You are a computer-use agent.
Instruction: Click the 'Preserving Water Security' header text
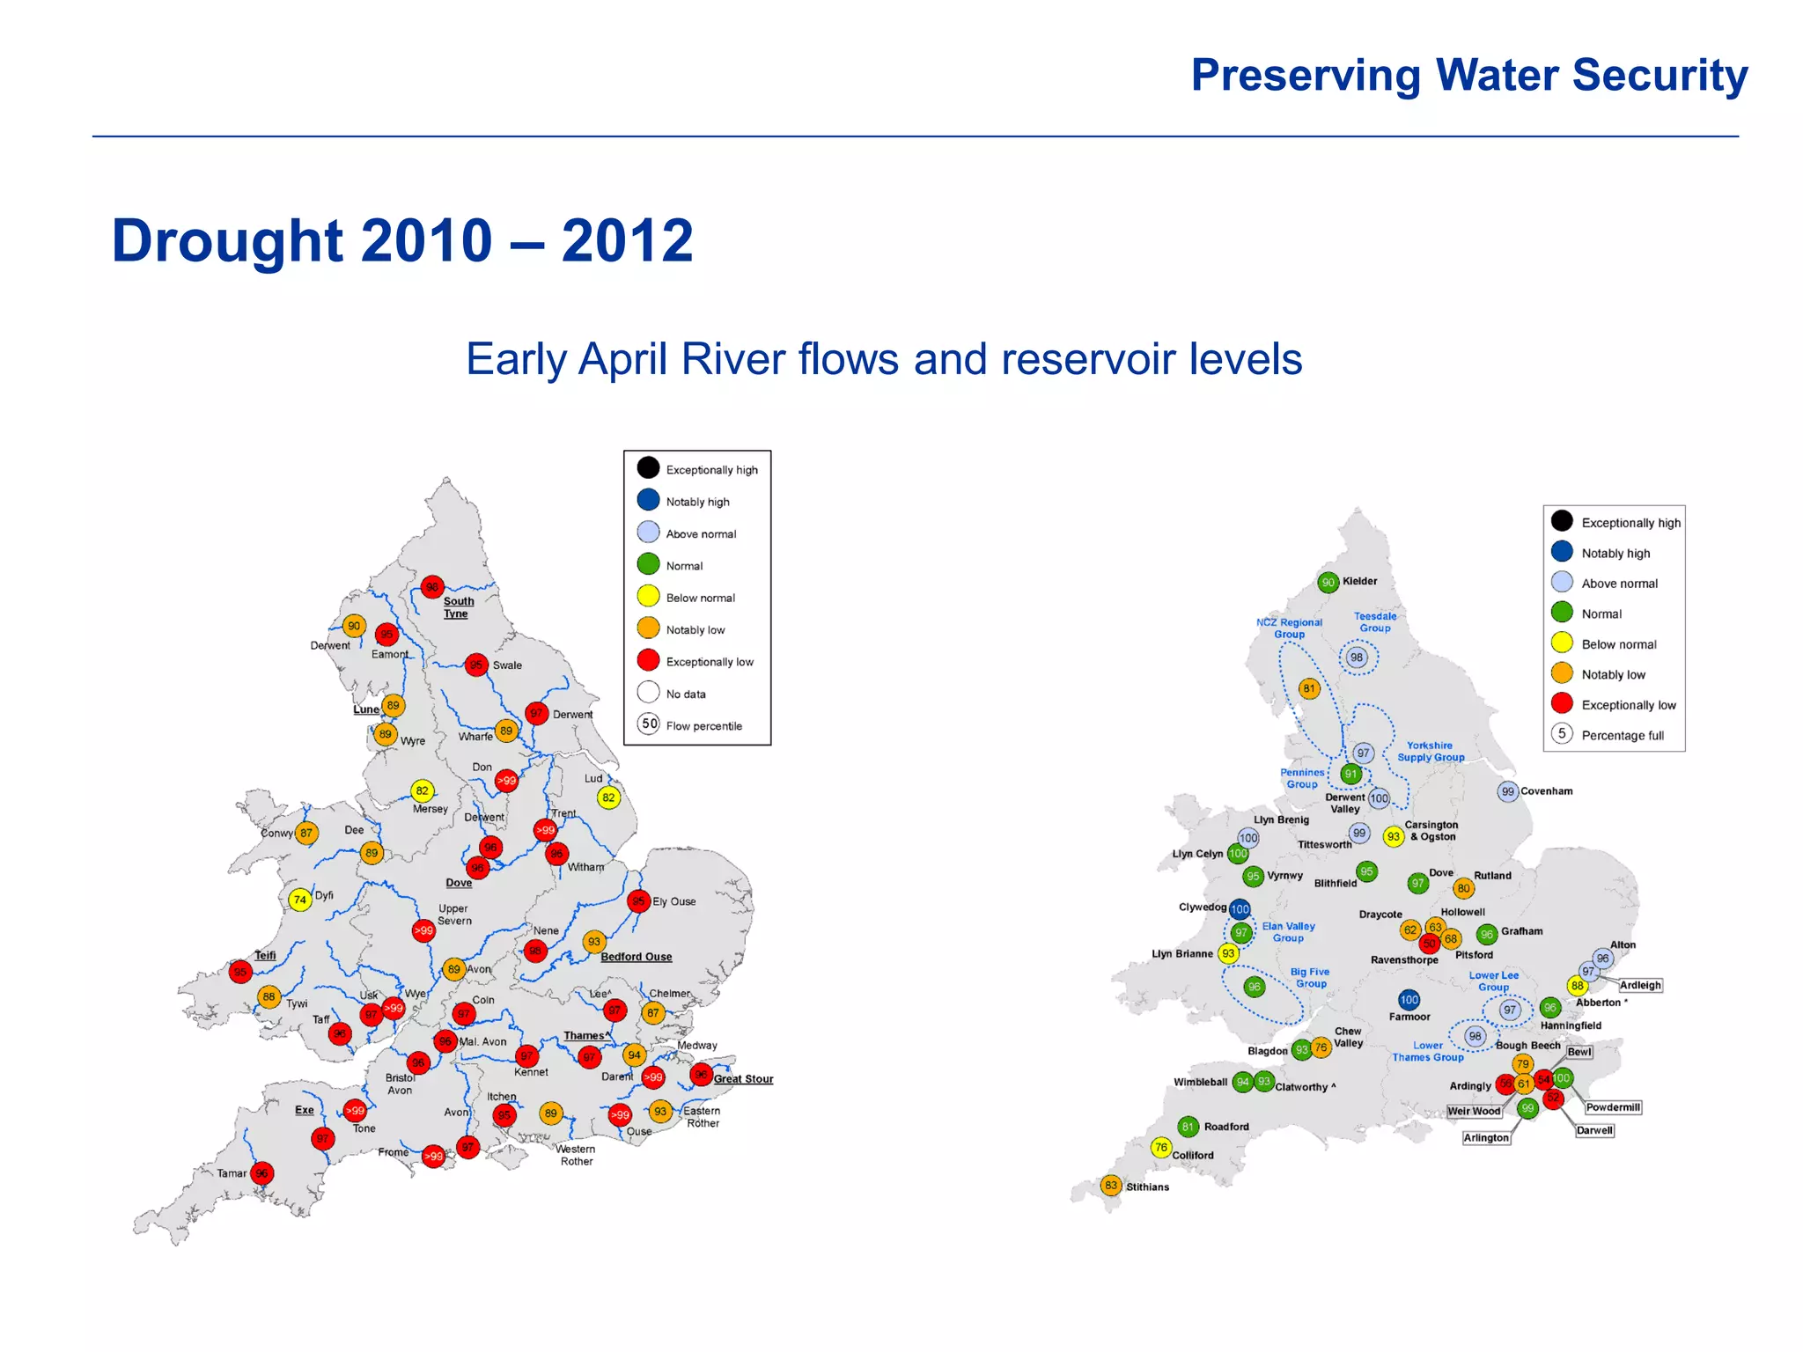(x=1468, y=76)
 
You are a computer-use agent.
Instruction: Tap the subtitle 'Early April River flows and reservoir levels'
(x=883, y=359)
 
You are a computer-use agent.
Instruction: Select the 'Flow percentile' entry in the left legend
(x=703, y=726)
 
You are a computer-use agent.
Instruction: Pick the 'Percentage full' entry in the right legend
(x=1622, y=736)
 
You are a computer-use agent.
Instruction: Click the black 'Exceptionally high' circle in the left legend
(x=648, y=467)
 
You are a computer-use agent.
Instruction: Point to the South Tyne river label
(x=458, y=607)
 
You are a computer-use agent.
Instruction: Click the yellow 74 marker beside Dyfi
(x=300, y=900)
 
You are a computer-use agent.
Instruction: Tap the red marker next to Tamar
(x=261, y=1173)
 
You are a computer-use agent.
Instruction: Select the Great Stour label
(x=743, y=1079)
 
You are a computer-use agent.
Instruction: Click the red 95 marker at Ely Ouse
(x=638, y=901)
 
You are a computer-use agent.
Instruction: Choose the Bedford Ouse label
(x=636, y=957)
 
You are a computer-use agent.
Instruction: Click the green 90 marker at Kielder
(x=1328, y=583)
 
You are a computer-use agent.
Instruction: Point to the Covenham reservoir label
(x=1546, y=791)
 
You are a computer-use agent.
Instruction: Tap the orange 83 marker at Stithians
(x=1111, y=1186)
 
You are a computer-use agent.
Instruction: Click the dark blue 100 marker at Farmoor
(x=1409, y=1000)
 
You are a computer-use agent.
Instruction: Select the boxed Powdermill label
(x=1612, y=1107)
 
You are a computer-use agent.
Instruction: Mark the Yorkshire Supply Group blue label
(x=1431, y=751)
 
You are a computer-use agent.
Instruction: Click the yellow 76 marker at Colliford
(x=1161, y=1147)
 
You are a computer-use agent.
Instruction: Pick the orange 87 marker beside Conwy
(x=305, y=833)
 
